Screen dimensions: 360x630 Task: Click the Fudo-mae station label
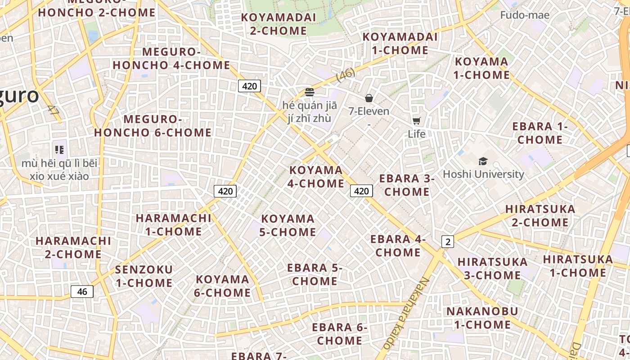525,15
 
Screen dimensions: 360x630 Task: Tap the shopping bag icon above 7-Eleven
369,98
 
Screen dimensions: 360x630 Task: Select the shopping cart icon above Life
417,121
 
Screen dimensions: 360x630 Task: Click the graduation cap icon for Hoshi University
483,161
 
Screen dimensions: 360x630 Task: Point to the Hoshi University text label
483,174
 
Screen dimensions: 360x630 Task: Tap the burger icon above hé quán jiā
309,92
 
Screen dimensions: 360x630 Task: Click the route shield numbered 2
447,242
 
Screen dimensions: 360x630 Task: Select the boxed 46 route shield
82,292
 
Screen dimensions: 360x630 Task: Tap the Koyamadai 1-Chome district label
400,43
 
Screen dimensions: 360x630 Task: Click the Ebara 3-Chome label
407,185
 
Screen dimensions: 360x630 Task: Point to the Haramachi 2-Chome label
73,247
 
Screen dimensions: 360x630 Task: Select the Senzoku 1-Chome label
144,276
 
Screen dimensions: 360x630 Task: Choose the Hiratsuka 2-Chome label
540,216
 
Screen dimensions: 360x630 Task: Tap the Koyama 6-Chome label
222,286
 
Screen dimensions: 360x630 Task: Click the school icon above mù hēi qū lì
59,149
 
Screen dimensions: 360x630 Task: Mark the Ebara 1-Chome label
540,133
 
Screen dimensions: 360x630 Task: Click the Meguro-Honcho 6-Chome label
153,126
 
